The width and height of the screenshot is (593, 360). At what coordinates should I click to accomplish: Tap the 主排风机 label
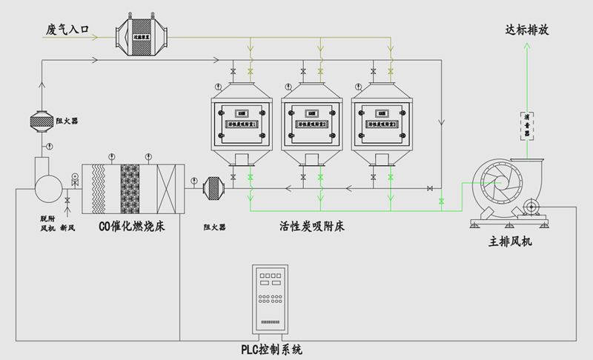coord(511,241)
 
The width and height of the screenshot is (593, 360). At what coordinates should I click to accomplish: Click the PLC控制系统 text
coord(272,349)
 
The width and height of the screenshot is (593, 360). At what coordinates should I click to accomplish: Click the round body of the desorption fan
coord(48,183)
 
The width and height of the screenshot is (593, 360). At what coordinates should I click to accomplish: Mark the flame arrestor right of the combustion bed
coord(214,188)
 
